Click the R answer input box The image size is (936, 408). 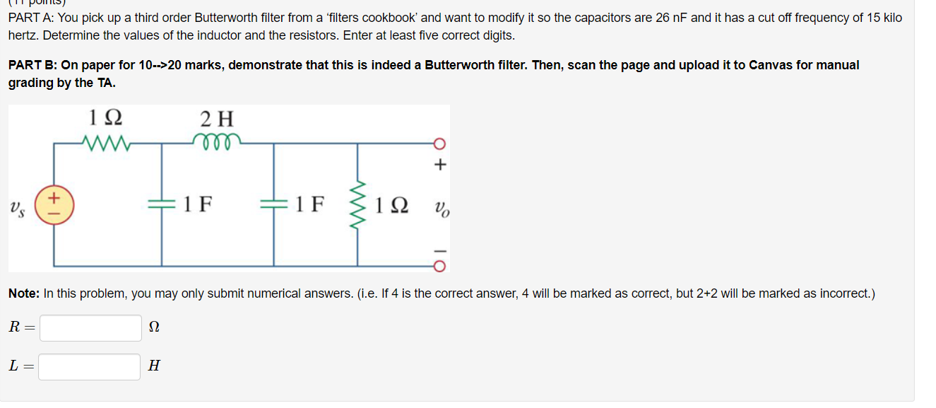pyautogui.click(x=90, y=327)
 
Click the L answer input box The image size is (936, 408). pyautogui.click(x=89, y=366)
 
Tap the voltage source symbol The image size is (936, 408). pyautogui.click(x=54, y=204)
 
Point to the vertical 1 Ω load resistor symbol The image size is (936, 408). pyautogui.click(x=357, y=205)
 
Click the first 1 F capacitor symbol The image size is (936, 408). pyautogui.click(x=162, y=204)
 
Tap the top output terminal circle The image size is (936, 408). pyautogui.click(x=440, y=144)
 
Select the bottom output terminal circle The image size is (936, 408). pyautogui.click(x=440, y=267)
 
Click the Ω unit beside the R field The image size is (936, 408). pyautogui.click(x=155, y=327)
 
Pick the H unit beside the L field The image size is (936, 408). pyautogui.click(x=154, y=366)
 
